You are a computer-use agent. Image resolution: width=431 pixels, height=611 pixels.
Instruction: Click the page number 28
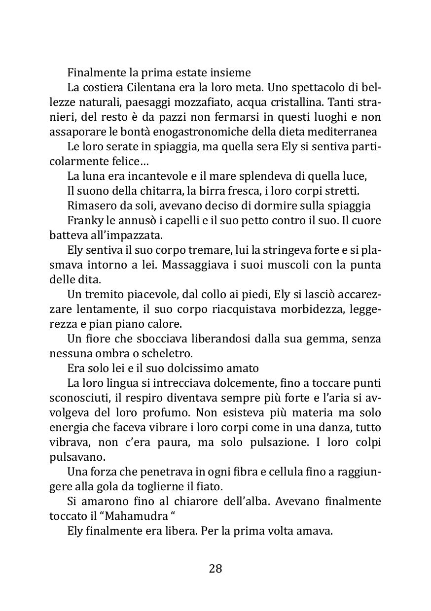click(x=215, y=569)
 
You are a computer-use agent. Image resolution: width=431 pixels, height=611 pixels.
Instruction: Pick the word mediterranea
click(x=341, y=132)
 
